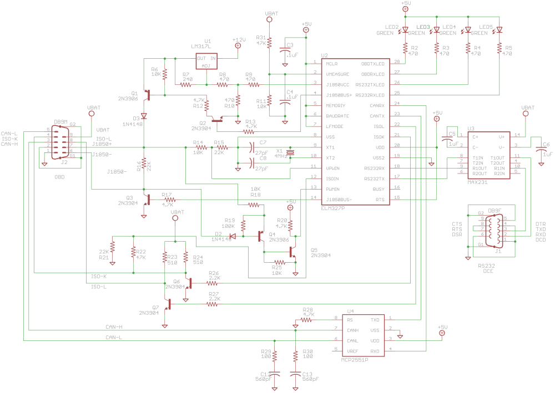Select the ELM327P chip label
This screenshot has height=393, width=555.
pos(332,210)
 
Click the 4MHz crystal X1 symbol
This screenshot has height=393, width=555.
pos(289,152)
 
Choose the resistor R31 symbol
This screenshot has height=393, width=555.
pos(269,42)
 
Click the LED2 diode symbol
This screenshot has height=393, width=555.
pos(405,30)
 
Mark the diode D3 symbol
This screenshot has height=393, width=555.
pos(144,116)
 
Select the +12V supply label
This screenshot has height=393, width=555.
pos(239,40)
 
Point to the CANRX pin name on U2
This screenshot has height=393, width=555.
pos(377,105)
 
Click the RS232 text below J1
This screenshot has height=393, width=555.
pos(486,266)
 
